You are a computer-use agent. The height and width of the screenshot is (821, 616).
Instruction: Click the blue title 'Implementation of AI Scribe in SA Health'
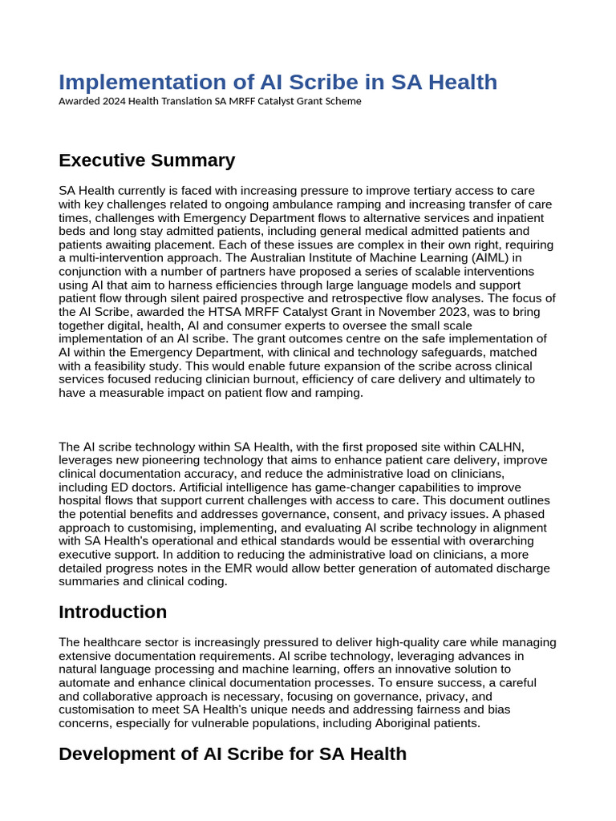pyautogui.click(x=278, y=82)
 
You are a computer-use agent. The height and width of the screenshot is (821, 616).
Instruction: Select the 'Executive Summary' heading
pyautogui.click(x=147, y=160)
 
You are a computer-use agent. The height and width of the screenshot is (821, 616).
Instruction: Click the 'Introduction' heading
pyautogui.click(x=113, y=612)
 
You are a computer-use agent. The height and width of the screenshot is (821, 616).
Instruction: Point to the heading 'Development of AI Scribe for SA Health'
pyautogui.click(x=233, y=754)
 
